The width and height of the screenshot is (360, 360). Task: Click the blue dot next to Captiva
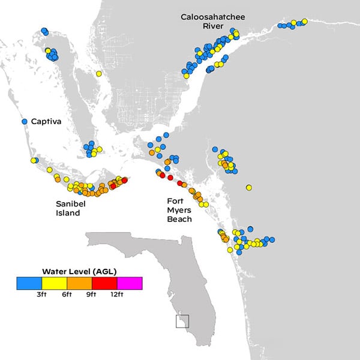click(x=25, y=121)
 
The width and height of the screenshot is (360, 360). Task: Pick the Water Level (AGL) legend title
click(x=79, y=271)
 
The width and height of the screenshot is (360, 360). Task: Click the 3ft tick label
click(x=41, y=295)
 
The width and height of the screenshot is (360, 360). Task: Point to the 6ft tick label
click(x=67, y=295)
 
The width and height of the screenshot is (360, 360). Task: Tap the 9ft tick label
click(x=92, y=295)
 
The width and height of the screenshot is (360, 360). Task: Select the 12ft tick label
click(x=116, y=295)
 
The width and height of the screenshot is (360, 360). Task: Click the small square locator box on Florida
click(x=182, y=321)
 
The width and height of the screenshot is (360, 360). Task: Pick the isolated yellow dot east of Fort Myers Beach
click(x=248, y=188)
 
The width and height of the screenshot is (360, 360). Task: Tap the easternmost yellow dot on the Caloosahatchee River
click(x=304, y=22)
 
